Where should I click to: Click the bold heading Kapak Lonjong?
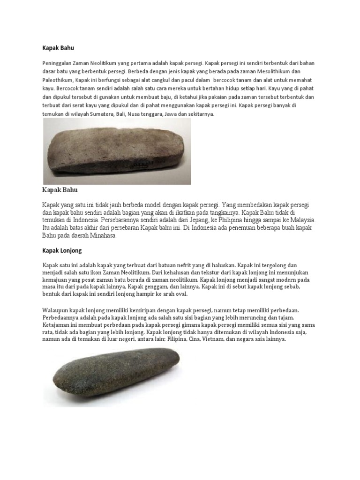(62, 251)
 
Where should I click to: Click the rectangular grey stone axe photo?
(117, 150)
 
